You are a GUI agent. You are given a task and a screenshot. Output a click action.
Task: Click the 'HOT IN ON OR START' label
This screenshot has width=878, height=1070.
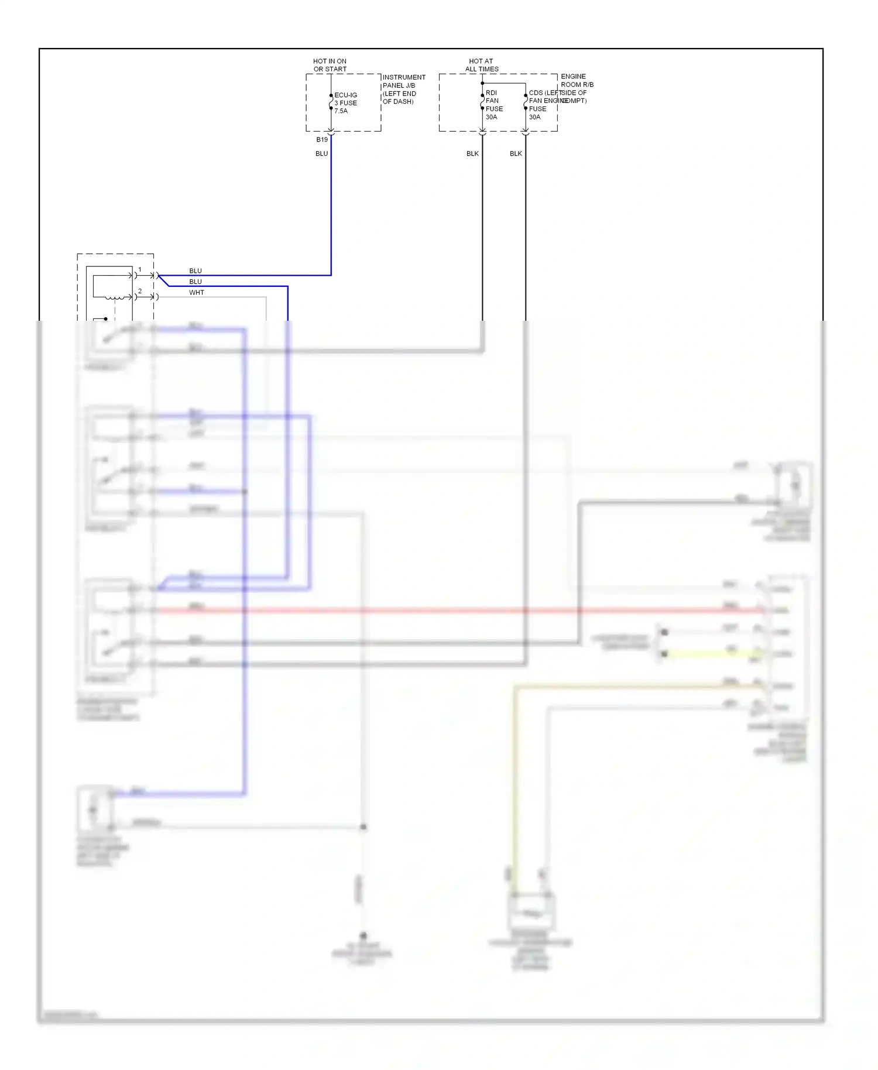tap(330, 65)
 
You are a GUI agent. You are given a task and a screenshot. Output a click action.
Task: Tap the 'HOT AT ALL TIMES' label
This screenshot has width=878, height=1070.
tap(481, 65)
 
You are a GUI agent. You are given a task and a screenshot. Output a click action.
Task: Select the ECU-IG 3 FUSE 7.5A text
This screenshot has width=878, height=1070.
tap(345, 103)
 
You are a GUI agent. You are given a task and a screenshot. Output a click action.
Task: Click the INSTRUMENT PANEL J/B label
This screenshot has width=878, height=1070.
tap(403, 89)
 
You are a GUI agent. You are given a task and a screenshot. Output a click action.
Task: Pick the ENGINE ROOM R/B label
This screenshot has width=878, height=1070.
tap(576, 88)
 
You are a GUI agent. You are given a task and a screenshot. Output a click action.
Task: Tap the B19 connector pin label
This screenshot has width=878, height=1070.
tap(322, 140)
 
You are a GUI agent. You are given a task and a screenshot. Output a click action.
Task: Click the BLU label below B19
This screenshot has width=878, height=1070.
tap(322, 153)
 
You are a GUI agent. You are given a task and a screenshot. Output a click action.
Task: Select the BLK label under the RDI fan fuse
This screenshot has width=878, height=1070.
tap(472, 153)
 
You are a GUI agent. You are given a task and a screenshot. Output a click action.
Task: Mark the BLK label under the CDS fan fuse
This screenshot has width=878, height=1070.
tap(516, 153)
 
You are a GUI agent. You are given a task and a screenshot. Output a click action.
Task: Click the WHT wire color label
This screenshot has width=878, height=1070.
tap(197, 293)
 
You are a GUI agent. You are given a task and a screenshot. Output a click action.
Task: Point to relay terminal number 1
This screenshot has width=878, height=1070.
tap(140, 270)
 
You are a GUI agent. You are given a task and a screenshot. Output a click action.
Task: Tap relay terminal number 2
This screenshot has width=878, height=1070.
tap(140, 291)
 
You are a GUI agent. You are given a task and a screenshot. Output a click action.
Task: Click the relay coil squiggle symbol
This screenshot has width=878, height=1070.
tap(115, 297)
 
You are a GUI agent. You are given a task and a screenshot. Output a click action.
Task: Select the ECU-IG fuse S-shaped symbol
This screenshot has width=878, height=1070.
tap(331, 102)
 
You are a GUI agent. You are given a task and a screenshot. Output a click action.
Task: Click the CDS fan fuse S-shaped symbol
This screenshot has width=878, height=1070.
tap(526, 102)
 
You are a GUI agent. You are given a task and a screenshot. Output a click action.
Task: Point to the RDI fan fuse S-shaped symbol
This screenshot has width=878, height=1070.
tap(482, 102)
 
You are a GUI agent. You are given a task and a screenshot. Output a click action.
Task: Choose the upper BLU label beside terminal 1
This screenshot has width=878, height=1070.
tap(196, 271)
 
